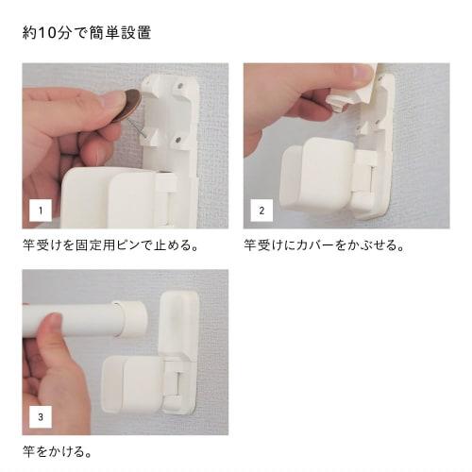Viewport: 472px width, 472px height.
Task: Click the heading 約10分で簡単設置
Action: pos(87,33)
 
